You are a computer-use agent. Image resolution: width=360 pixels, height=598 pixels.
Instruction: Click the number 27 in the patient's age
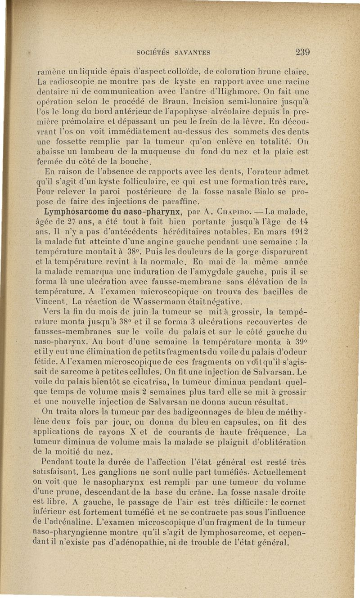(x=83, y=221)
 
